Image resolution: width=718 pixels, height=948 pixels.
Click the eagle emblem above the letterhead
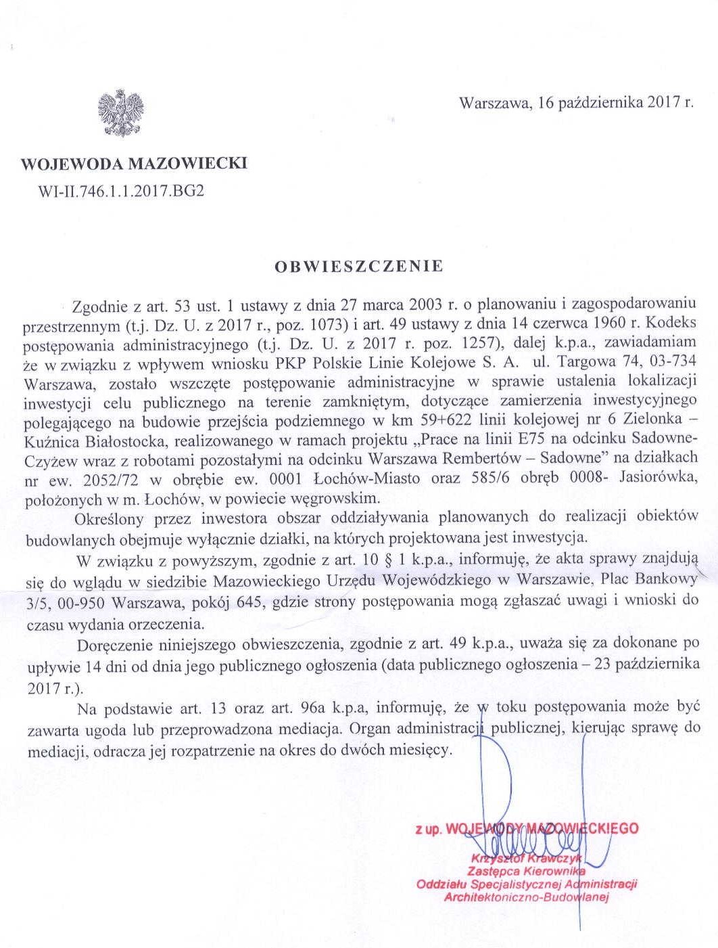click(122, 112)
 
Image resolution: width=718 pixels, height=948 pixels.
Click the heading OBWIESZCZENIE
click(358, 266)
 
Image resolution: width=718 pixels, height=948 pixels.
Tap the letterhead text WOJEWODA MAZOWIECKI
click(134, 164)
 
